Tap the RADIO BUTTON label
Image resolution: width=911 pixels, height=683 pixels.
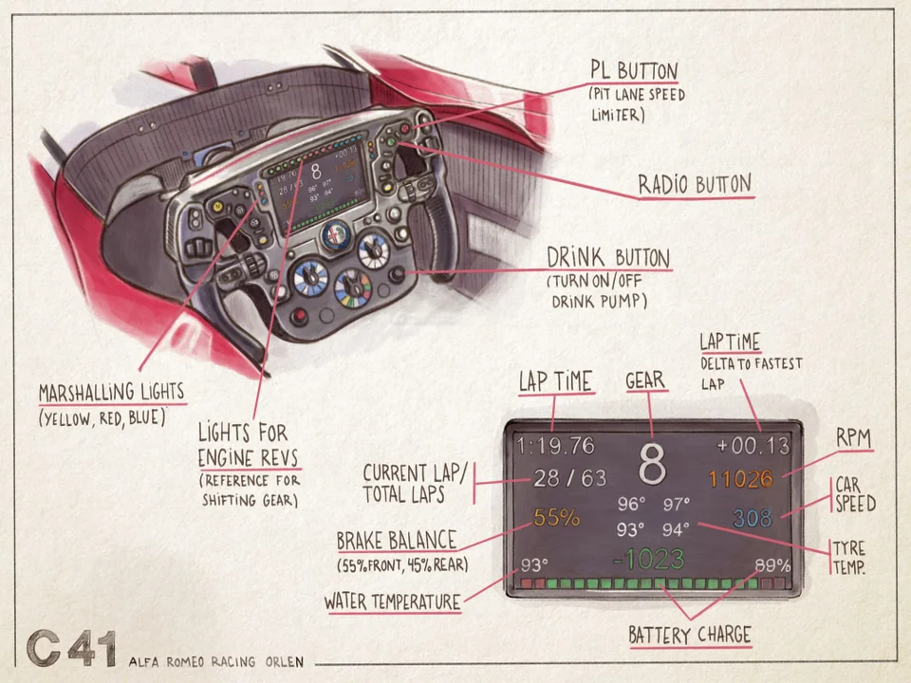694,184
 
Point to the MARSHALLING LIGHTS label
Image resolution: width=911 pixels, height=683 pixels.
111,393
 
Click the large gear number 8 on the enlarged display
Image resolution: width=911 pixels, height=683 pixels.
652,465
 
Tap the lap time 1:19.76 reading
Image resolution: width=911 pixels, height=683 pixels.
555,445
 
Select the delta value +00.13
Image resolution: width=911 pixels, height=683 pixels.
753,445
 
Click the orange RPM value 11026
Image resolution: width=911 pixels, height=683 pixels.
740,479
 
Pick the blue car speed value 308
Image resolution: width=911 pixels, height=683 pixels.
753,518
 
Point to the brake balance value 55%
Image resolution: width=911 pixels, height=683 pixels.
557,518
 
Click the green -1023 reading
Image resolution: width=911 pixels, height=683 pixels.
648,559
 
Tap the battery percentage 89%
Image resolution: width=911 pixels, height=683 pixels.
772,566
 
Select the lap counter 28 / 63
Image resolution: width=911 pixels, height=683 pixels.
557,479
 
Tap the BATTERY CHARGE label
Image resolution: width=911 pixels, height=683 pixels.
690,635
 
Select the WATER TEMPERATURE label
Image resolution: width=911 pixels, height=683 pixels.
392,601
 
